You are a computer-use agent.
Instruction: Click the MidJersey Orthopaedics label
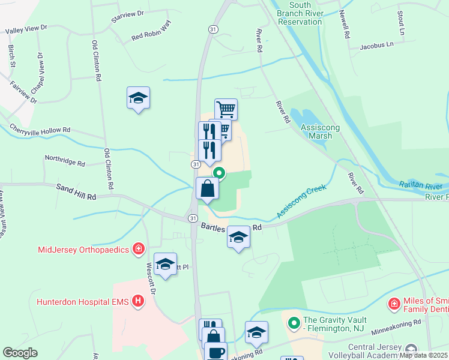[x=83, y=250]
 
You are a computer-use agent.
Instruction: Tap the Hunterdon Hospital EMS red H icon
[x=138, y=301]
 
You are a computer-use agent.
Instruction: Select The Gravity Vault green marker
[x=294, y=324]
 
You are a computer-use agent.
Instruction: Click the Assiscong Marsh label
[x=312, y=131]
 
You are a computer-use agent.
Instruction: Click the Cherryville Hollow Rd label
[x=40, y=129]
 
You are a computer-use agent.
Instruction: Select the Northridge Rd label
[x=65, y=161]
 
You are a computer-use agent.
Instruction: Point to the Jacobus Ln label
[x=377, y=45]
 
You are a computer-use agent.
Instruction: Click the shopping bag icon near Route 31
[x=207, y=188]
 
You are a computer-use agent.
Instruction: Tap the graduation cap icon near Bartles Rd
[x=238, y=237]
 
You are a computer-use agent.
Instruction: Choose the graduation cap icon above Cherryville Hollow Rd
[x=138, y=98]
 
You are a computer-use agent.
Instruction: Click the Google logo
[x=20, y=353]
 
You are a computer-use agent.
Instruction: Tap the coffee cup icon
[x=215, y=352]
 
